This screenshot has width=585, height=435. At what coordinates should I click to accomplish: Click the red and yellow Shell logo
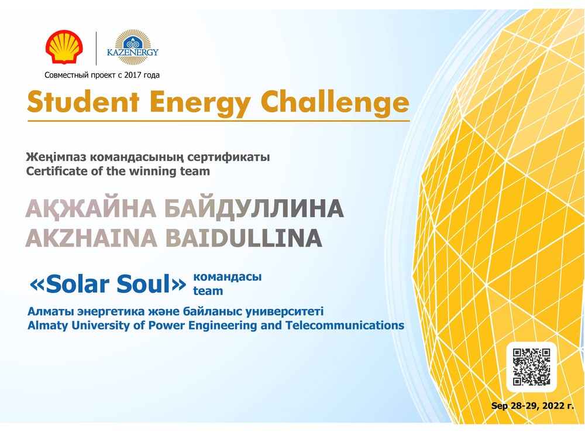pyautogui.click(x=64, y=47)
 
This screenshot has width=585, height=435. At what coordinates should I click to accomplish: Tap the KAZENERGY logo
pyautogui.click(x=132, y=47)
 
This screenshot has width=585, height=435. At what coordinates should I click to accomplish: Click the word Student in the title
pyautogui.click(x=83, y=101)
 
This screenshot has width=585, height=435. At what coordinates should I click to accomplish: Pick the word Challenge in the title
pyautogui.click(x=335, y=102)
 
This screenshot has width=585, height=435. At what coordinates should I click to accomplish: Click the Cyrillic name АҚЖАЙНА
pyautogui.click(x=91, y=209)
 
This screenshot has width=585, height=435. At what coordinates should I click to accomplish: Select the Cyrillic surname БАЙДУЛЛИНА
pyautogui.click(x=254, y=209)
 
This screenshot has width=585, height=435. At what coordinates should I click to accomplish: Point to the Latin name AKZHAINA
pyautogui.click(x=91, y=238)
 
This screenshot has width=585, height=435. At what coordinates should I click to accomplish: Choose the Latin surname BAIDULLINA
pyautogui.click(x=243, y=238)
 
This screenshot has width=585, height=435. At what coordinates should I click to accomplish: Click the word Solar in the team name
pyautogui.click(x=77, y=284)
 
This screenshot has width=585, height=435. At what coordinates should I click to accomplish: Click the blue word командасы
pyautogui.click(x=227, y=277)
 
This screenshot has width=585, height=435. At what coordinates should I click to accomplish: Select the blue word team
pyautogui.click(x=208, y=291)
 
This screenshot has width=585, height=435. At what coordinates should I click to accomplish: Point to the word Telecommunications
pyautogui.click(x=345, y=325)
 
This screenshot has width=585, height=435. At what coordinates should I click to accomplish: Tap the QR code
pyautogui.click(x=531, y=367)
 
